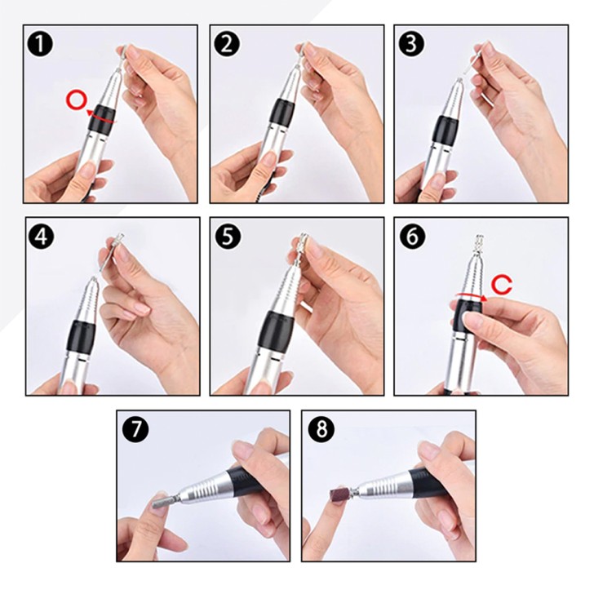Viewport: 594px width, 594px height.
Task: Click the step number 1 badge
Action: [x=40, y=43]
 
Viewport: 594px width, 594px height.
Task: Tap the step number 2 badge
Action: [x=227, y=43]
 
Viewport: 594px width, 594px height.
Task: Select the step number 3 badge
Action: [x=411, y=43]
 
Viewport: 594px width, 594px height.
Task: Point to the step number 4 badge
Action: [x=42, y=237]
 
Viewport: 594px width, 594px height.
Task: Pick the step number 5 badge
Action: [x=227, y=237]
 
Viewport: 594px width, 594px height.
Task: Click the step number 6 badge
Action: [x=412, y=237]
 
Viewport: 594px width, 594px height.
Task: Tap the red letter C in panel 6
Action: [x=502, y=285]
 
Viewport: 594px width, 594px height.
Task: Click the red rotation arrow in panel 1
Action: [x=100, y=117]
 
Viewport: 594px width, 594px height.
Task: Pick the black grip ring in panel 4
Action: [x=81, y=335]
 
